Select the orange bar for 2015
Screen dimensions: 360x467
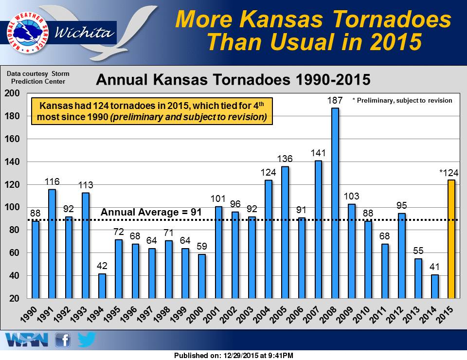pyautogui.click(x=451, y=239)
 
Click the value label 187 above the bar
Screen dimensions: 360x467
pyautogui.click(x=335, y=100)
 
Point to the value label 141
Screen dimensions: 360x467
pyautogui.click(x=318, y=153)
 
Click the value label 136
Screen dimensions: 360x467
pyautogui.click(x=285, y=159)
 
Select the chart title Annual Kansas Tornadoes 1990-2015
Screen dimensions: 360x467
pyautogui.click(x=233, y=80)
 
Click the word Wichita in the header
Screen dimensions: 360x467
pyautogui.click(x=86, y=33)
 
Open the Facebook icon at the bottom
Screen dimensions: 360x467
pyautogui.click(x=63, y=340)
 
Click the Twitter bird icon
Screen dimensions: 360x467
pyautogui.click(x=86, y=340)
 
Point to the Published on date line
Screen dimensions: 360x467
pyautogui.click(x=233, y=356)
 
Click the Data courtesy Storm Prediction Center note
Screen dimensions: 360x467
pyautogui.click(x=38, y=77)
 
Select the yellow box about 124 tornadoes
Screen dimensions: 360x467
pyautogui.click(x=152, y=111)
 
